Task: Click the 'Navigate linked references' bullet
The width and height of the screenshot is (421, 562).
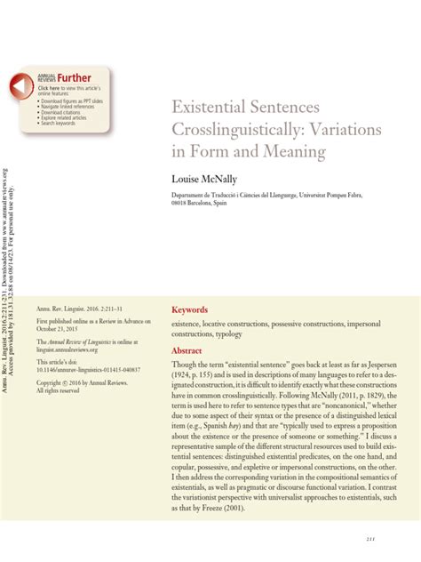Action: (x=70, y=107)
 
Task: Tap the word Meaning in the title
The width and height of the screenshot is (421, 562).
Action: (x=298, y=153)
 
